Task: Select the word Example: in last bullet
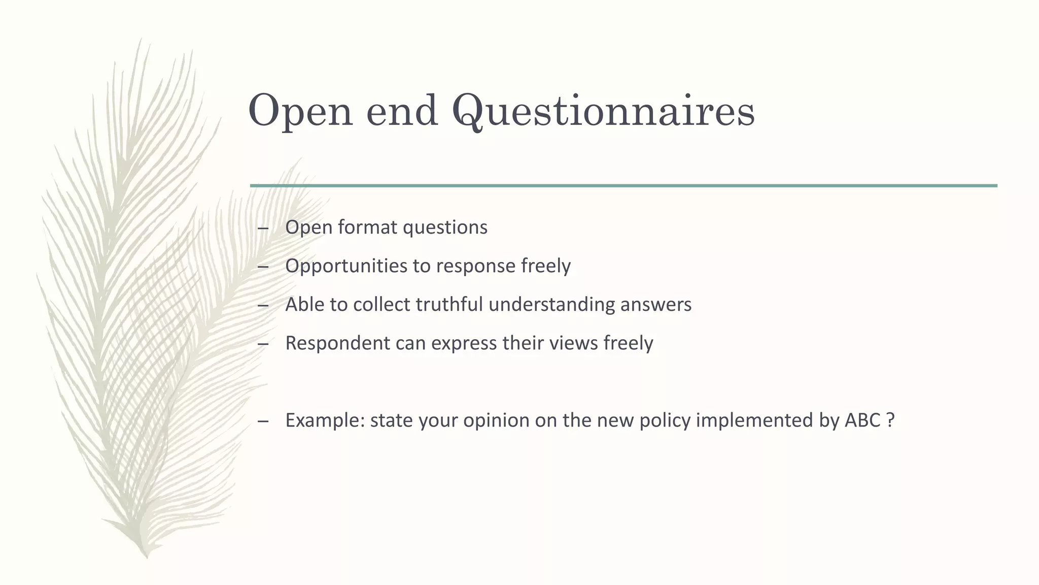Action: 325,421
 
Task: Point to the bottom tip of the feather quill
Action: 147,557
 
